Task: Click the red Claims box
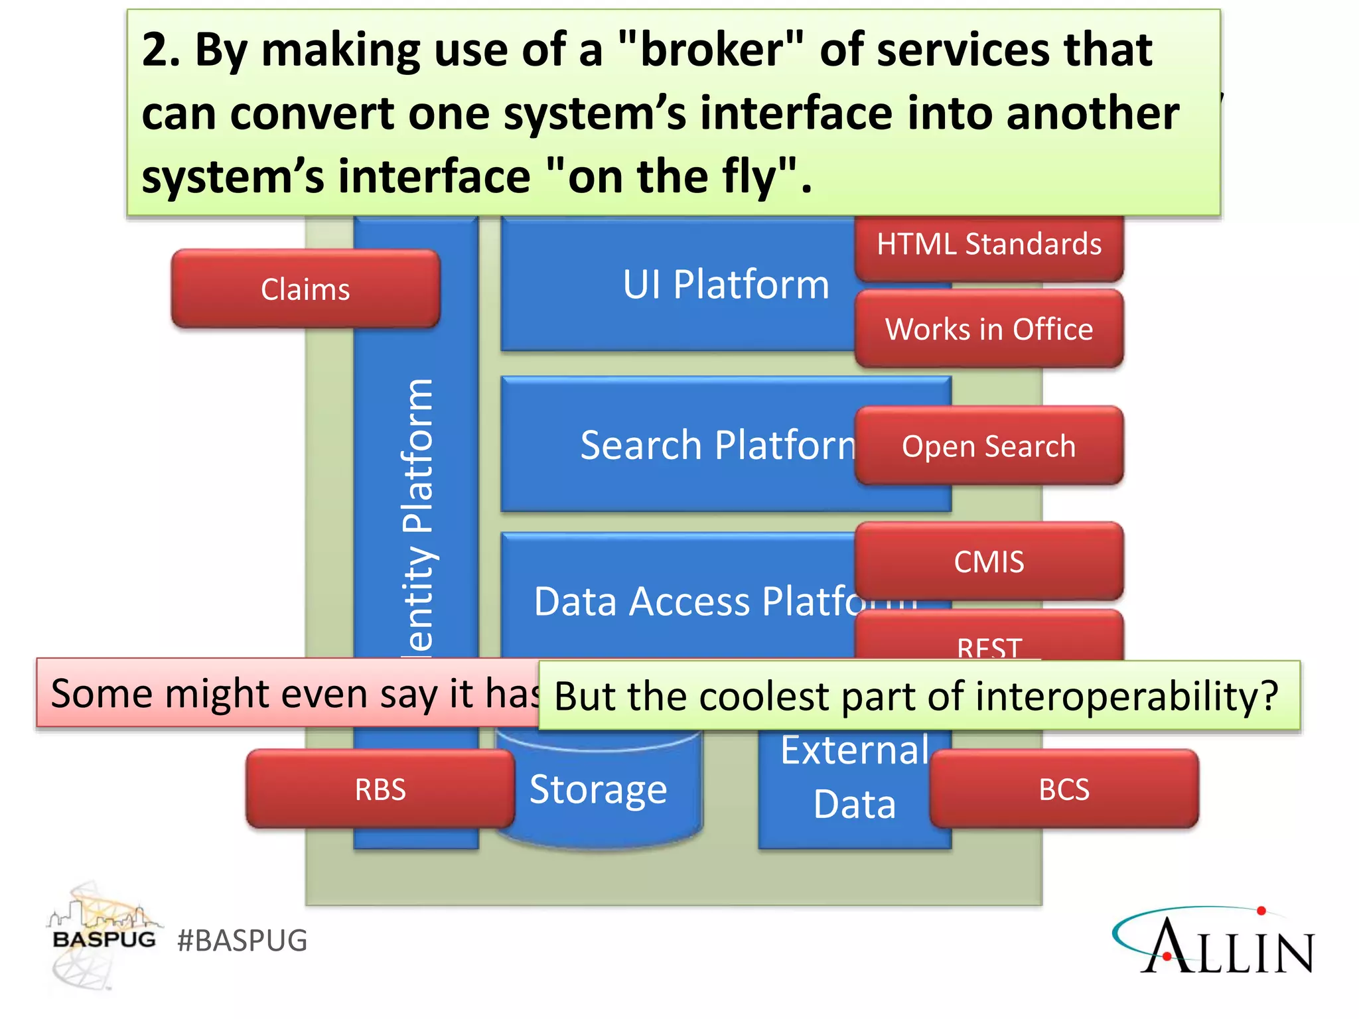click(305, 289)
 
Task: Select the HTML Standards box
click(989, 245)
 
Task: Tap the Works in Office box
click(989, 329)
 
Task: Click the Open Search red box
click(989, 446)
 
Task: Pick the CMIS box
click(989, 562)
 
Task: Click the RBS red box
click(380, 789)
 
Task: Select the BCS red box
click(1064, 789)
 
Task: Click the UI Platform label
click(725, 285)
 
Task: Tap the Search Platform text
click(717, 444)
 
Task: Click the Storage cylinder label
click(598, 789)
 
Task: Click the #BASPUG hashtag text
click(242, 941)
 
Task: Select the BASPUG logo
click(104, 935)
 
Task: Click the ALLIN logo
click(1214, 942)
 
